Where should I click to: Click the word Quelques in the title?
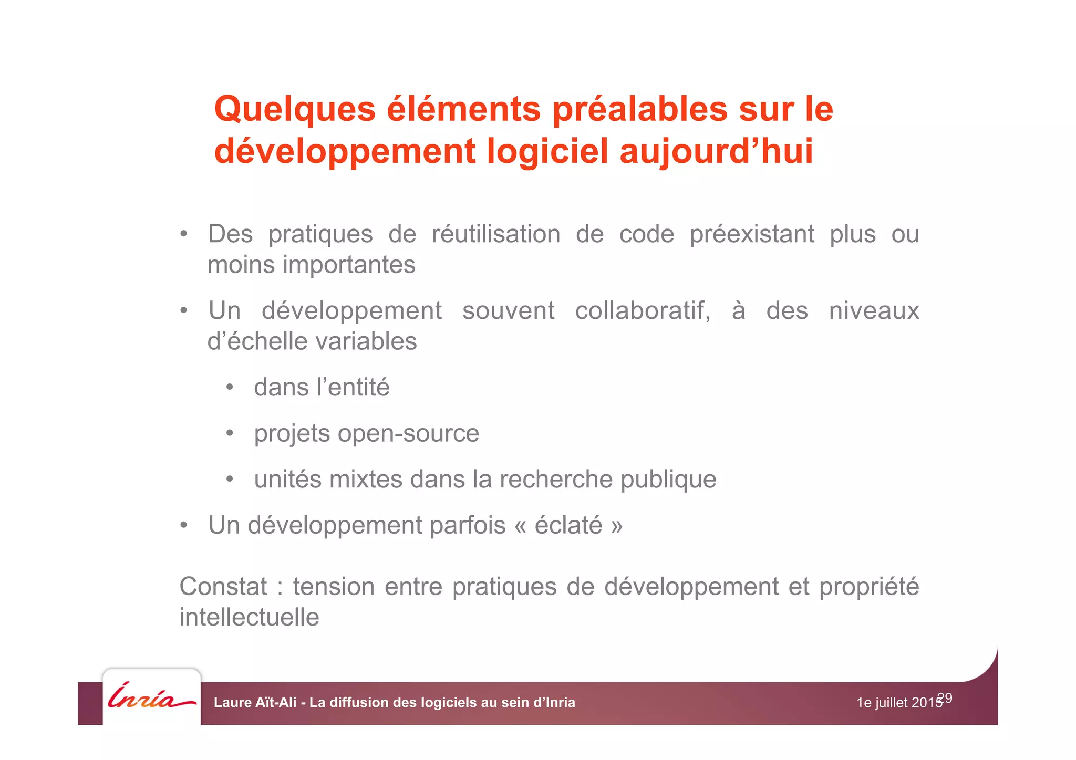295,109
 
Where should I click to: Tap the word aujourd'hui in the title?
717,151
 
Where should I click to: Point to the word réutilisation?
496,234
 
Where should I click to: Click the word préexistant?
752,234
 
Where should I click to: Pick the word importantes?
349,265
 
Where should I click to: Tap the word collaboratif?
643,311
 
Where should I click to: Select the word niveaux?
874,311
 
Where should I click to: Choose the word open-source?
408,434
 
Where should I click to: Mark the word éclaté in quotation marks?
568,525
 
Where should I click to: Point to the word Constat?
223,587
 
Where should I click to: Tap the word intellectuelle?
249,617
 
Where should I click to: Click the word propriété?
869,587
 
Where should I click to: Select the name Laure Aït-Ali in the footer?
255,703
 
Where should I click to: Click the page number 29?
945,698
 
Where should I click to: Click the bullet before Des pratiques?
183,234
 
